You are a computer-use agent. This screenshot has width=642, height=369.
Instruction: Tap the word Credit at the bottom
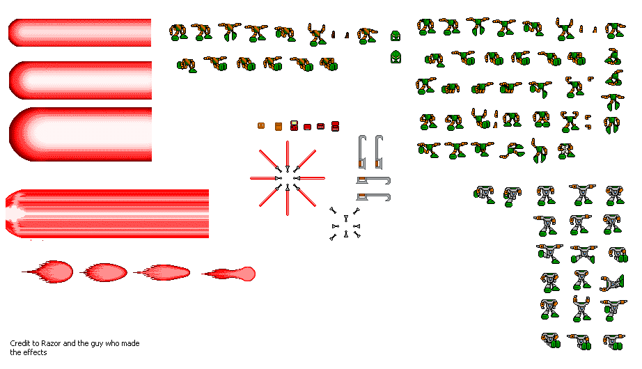[x=19, y=343]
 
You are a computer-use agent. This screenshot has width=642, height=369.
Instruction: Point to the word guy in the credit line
[x=97, y=344]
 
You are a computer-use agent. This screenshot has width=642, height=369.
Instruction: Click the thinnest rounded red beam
[x=80, y=33]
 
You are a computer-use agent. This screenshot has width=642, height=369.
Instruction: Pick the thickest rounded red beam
[x=80, y=134]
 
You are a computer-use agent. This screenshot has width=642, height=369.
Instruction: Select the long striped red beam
[x=107, y=214]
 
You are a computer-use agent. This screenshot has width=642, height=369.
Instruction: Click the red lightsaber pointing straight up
[x=288, y=157]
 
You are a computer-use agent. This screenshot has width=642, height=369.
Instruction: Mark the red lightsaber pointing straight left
[x=266, y=178]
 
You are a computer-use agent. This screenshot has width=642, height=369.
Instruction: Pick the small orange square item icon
[x=261, y=126]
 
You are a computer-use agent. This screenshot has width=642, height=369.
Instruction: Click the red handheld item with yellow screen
[x=294, y=126]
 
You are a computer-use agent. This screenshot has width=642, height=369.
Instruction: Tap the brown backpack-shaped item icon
[x=279, y=126]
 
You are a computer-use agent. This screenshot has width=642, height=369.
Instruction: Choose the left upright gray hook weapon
[x=361, y=152]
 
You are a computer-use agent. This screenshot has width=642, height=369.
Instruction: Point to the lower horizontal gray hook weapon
[x=373, y=197]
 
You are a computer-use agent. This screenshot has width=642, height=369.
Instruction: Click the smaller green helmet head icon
[x=395, y=36]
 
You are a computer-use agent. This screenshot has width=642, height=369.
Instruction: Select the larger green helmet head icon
[x=396, y=57]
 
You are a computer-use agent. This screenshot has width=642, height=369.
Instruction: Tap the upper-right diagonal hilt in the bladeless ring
[x=357, y=212]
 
